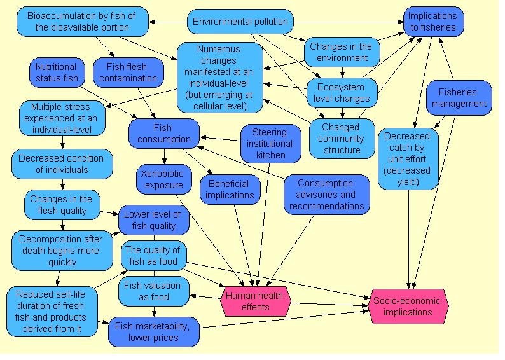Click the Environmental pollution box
coord(240,22)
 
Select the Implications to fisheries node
coord(432,22)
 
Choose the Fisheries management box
coord(458,98)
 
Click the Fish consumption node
coord(163,134)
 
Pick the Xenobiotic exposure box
coord(163,179)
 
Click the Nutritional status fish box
coord(56,73)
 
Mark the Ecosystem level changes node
coord(342,93)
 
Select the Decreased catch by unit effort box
coord(408,159)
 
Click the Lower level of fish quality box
coord(152,220)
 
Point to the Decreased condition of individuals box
coord(62,164)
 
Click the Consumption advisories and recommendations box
coord(326,195)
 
